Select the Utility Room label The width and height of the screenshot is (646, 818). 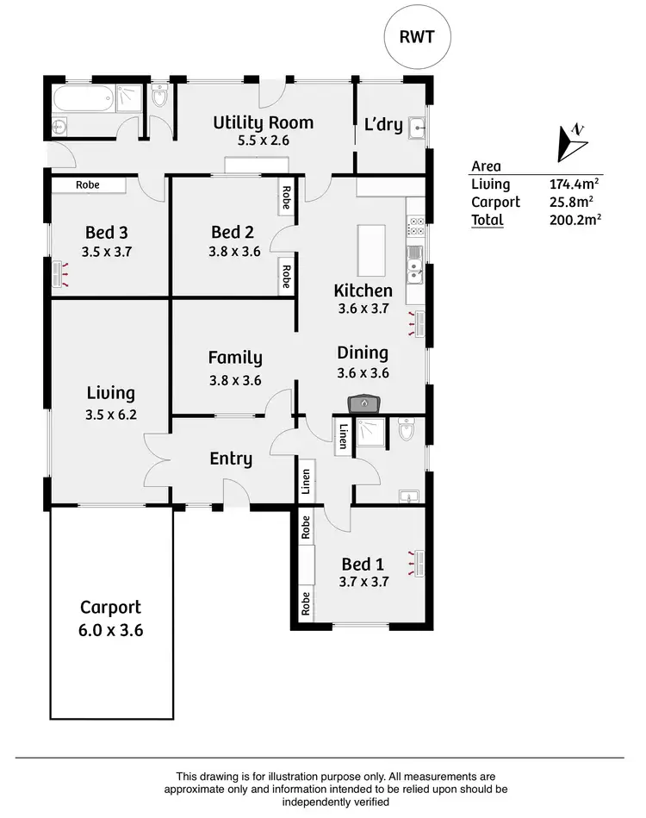(x=264, y=122)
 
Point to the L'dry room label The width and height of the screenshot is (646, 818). (x=383, y=124)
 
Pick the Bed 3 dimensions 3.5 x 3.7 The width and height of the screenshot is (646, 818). (x=107, y=253)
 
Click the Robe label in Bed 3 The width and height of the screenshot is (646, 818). (x=88, y=184)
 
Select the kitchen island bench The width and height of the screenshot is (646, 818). (x=372, y=249)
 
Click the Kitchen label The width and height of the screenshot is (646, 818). (x=363, y=291)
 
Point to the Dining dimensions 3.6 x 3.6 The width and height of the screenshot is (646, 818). (x=363, y=372)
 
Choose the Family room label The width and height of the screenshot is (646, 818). (x=235, y=358)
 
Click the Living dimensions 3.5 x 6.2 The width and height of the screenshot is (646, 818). (x=110, y=413)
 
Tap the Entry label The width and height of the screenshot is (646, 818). (x=231, y=459)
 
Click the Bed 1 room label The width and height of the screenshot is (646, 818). (x=363, y=565)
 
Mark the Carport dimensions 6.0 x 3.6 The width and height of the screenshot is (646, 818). (x=110, y=629)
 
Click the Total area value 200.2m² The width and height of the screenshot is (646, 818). (x=575, y=219)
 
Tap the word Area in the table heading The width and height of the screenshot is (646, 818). (x=487, y=166)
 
